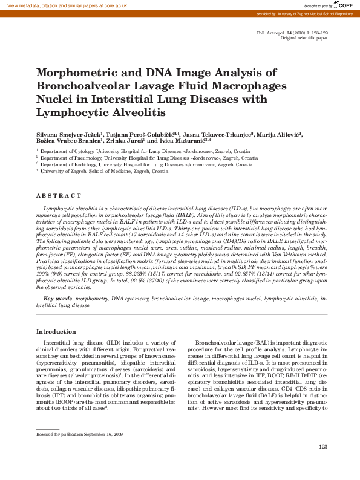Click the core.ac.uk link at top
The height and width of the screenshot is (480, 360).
(x=116, y=5)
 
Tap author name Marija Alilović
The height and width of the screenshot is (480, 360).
(x=280, y=134)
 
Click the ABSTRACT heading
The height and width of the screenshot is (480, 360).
(x=59, y=196)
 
